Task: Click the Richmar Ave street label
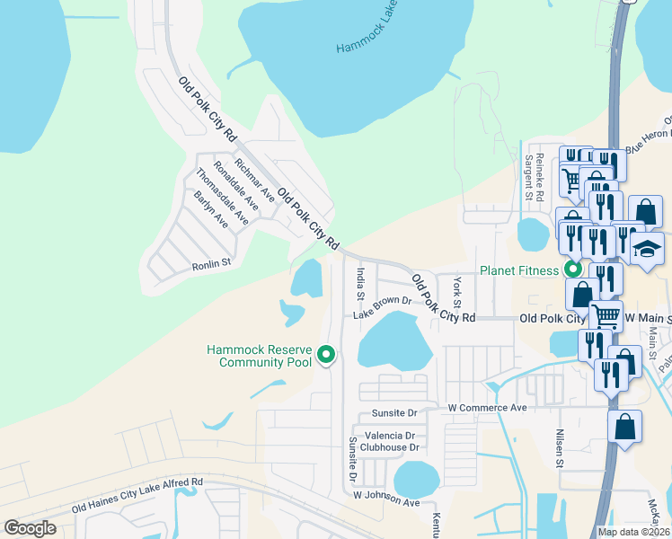[255, 179]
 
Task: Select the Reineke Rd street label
[540, 176]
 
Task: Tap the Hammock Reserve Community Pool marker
[325, 357]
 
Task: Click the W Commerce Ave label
[486, 409]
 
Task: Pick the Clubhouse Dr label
[390, 446]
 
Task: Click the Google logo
[31, 528]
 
